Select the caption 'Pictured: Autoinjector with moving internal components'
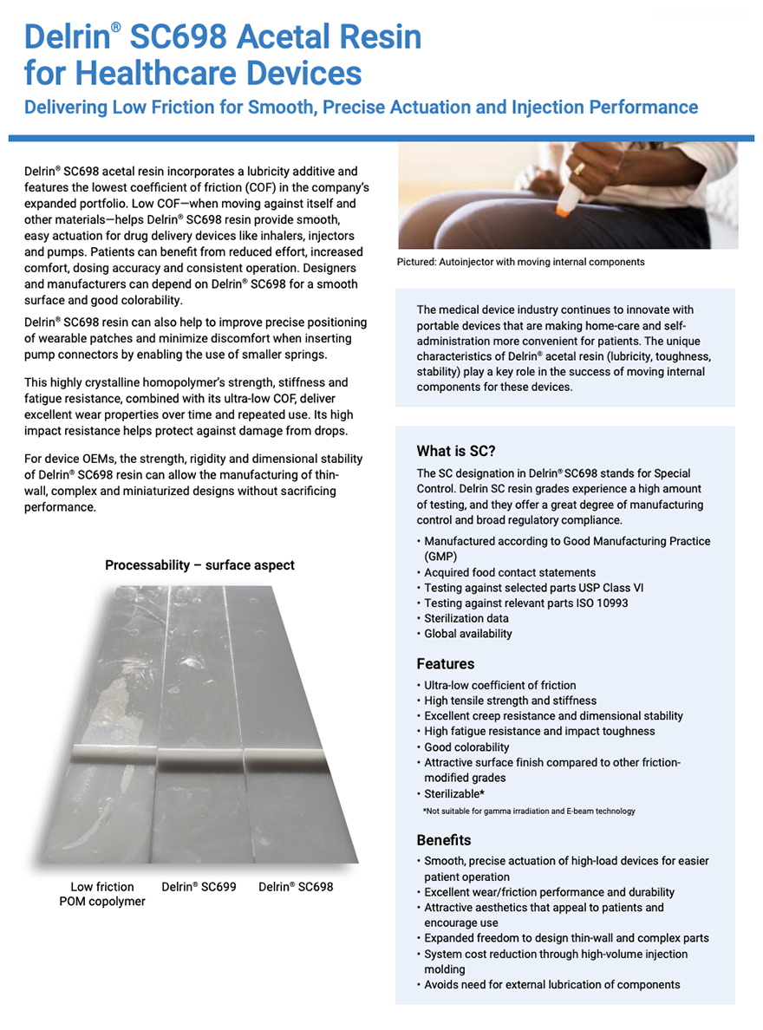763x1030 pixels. pyautogui.click(x=520, y=262)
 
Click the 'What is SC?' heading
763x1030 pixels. pyautogui.click(x=456, y=451)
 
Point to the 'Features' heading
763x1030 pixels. pyautogui.click(x=446, y=664)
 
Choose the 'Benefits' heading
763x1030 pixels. pyautogui.click(x=444, y=840)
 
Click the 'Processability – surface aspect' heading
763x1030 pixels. pyautogui.click(x=199, y=565)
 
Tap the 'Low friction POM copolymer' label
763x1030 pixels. pyautogui.click(x=102, y=894)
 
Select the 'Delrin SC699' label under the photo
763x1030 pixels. pyautogui.click(x=199, y=887)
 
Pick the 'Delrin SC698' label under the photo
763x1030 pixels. pyautogui.click(x=296, y=887)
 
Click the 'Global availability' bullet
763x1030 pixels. pyautogui.click(x=468, y=634)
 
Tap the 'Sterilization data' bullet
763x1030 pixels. pyautogui.click(x=466, y=618)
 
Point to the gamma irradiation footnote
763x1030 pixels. pyautogui.click(x=529, y=812)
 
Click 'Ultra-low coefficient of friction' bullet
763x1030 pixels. pyautogui.click(x=499, y=685)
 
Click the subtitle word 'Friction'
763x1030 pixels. pyautogui.click(x=199, y=108)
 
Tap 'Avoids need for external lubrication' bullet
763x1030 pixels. pyautogui.click(x=551, y=985)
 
